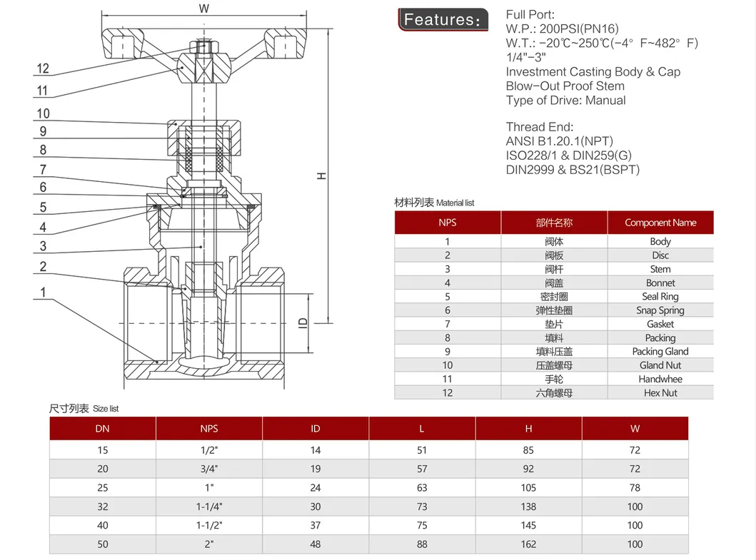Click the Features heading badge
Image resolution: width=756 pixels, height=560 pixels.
442,19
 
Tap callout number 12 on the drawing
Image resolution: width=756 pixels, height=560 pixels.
43,68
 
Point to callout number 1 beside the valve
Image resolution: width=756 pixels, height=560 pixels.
43,292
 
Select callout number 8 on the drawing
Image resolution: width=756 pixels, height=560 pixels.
43,150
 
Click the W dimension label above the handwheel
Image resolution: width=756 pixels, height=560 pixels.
203,9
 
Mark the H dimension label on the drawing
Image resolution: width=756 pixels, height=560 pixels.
322,175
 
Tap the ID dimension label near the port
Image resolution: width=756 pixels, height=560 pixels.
303,323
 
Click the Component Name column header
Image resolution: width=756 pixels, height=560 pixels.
660,223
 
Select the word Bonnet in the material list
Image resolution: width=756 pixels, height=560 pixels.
660,283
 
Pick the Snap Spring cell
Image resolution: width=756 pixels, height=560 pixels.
660,310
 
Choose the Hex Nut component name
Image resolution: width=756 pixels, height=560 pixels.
660,393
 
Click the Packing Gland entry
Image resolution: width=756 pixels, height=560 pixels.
660,352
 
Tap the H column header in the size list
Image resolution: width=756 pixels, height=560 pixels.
528,429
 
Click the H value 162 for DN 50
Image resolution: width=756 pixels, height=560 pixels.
528,544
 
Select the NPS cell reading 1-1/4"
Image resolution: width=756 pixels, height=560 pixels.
208,506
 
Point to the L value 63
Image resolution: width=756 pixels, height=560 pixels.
422,488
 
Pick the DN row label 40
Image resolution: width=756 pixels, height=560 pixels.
102,526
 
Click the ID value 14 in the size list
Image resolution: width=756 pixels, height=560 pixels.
315,450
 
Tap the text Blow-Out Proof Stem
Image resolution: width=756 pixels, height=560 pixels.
565,86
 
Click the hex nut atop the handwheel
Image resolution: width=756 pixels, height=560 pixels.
203,46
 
